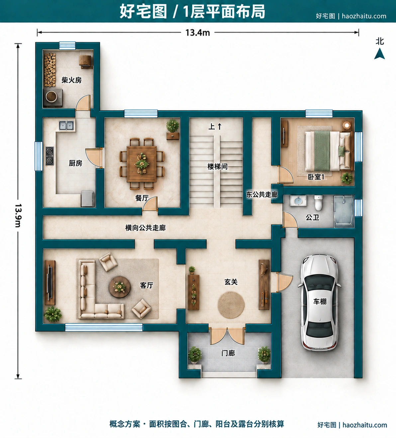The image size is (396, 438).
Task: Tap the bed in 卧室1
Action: click(x=329, y=151)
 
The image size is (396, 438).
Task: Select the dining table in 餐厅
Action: click(x=142, y=163)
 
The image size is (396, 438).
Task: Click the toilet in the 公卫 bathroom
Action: click(x=318, y=203)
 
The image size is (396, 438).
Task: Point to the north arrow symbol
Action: click(x=379, y=54)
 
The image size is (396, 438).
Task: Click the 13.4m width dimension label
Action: click(x=198, y=33)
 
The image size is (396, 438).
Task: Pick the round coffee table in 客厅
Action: click(x=120, y=287)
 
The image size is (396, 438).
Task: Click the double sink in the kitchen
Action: click(x=66, y=126)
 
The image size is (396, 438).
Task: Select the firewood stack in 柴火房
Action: click(x=50, y=70)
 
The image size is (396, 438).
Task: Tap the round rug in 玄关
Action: click(x=231, y=305)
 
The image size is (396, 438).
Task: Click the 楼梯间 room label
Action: click(x=218, y=167)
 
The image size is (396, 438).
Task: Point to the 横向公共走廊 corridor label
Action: click(x=145, y=228)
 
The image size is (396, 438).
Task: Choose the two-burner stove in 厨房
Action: click(x=49, y=156)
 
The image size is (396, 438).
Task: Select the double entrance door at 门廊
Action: click(x=227, y=336)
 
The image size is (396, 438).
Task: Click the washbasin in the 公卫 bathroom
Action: click(x=298, y=201)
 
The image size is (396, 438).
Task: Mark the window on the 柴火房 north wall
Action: click(x=67, y=45)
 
